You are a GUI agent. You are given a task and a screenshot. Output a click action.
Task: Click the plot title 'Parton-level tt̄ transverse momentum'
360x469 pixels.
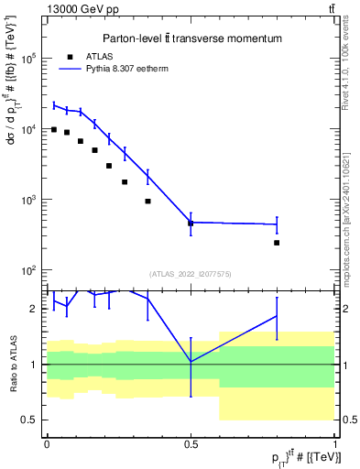pos(191,39)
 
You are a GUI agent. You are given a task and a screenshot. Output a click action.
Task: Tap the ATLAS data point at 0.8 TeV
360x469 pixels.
pos(277,243)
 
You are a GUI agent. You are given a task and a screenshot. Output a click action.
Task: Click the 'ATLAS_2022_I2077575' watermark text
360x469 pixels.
pos(191,273)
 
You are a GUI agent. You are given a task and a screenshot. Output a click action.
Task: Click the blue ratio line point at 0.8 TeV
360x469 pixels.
pos(277,316)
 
